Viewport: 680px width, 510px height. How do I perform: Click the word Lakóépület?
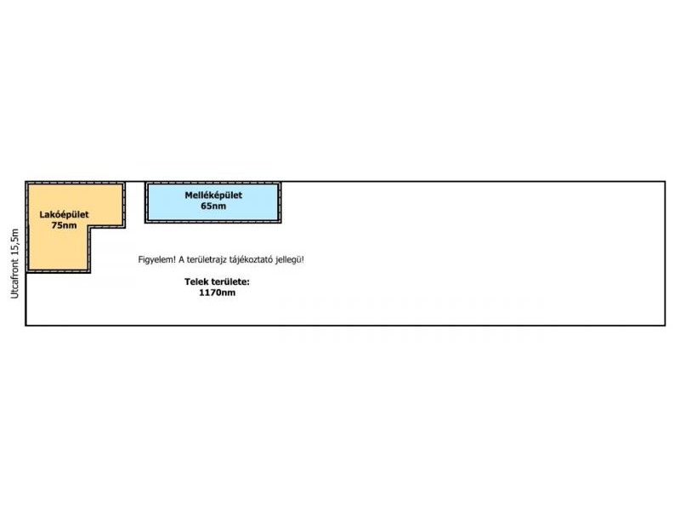[x=65, y=214]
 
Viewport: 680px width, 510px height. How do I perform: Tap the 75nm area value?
[x=65, y=225]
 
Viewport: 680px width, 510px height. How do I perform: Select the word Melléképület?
[x=213, y=195]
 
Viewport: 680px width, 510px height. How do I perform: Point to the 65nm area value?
[x=213, y=206]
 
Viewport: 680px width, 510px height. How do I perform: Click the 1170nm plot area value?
[x=218, y=292]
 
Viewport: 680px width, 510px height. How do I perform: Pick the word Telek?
[x=194, y=281]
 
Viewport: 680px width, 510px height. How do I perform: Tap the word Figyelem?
[x=157, y=260]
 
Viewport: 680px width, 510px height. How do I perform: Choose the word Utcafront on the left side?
[x=14, y=279]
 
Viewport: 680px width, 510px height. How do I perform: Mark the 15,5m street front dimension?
[x=14, y=243]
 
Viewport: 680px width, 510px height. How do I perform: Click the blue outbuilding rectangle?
[x=213, y=202]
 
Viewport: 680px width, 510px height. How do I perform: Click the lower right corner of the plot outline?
[x=665, y=326]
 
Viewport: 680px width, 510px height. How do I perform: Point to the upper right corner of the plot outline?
[x=665, y=182]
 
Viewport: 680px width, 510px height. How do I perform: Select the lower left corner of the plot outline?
[x=26, y=326]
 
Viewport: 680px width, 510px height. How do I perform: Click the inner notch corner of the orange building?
[x=90, y=227]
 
